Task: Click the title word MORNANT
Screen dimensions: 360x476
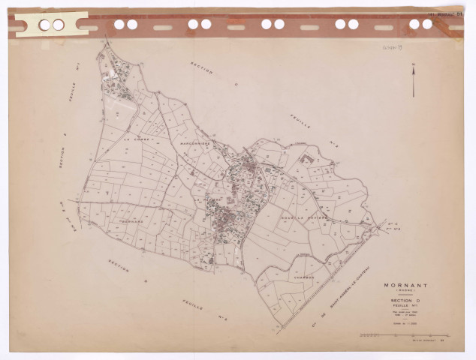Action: (406, 285)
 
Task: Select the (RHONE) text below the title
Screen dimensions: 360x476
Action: (406, 291)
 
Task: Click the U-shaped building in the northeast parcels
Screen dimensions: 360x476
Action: (305, 159)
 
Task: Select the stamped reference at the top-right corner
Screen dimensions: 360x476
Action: (442, 13)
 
